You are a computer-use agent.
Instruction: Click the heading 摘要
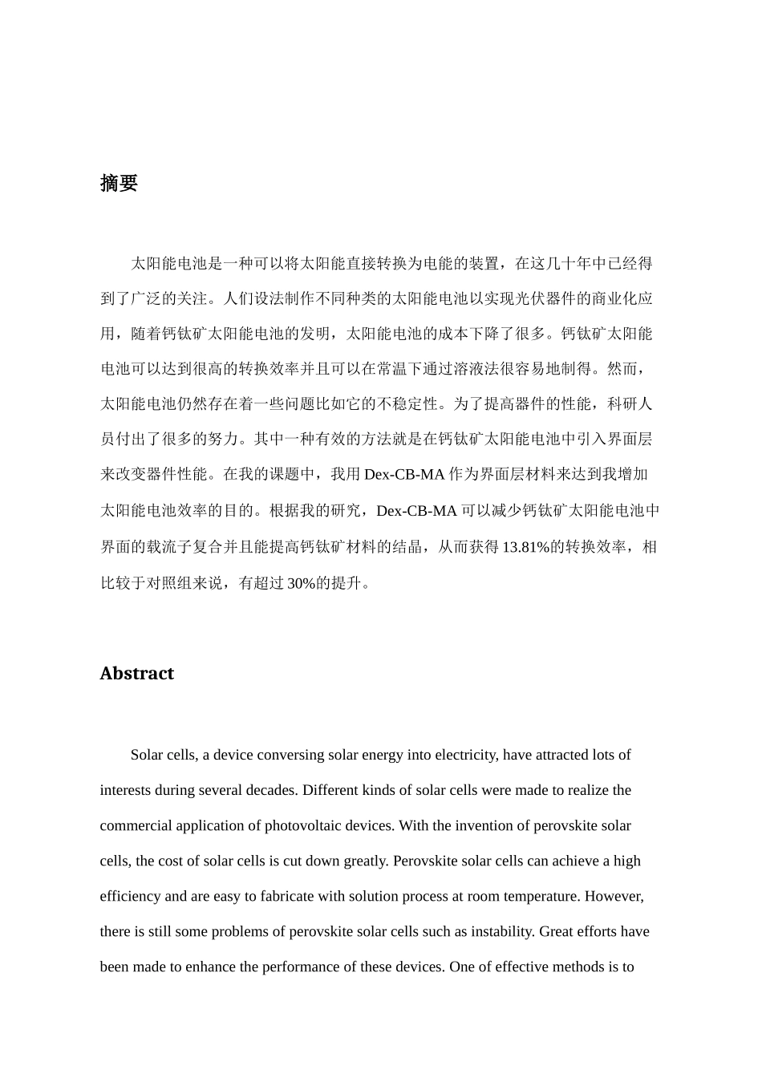(119, 183)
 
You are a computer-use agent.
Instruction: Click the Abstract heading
(136, 673)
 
